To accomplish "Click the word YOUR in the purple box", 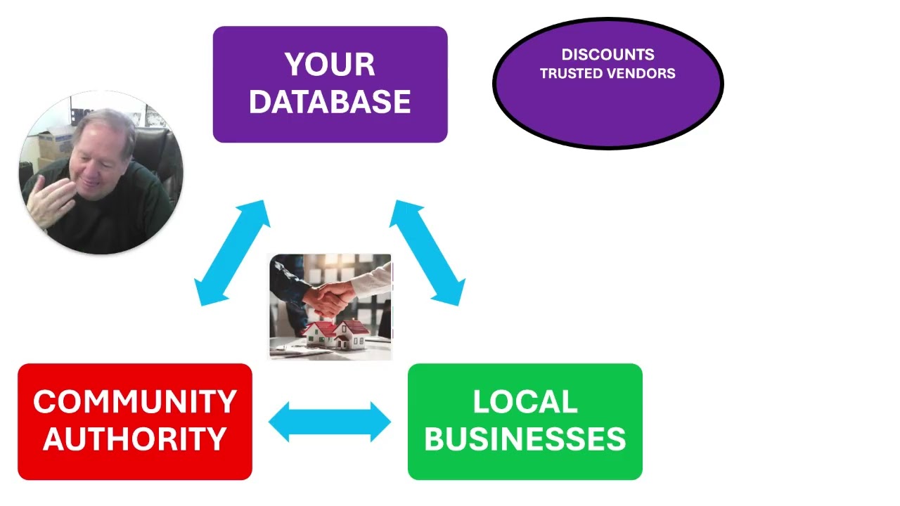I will [330, 65].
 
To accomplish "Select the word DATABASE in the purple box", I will [330, 103].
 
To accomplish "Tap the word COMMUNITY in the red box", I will [135, 402].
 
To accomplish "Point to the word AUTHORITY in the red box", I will [135, 439].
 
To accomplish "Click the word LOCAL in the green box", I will [525, 402].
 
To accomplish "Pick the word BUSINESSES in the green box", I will [525, 439].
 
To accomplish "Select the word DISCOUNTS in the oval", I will [607, 55].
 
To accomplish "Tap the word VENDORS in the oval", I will [643, 73].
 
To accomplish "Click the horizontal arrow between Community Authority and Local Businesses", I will [330, 422].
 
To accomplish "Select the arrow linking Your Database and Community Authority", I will [232, 253].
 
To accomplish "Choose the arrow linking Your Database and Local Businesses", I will [427, 253].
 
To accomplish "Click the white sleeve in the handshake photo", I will [369, 281].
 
